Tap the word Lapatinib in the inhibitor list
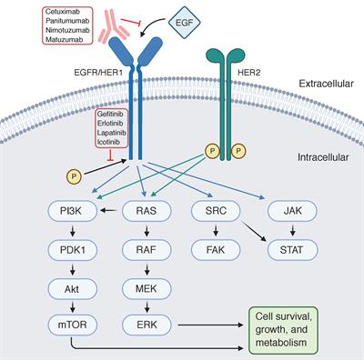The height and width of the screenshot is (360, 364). pos(112,133)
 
